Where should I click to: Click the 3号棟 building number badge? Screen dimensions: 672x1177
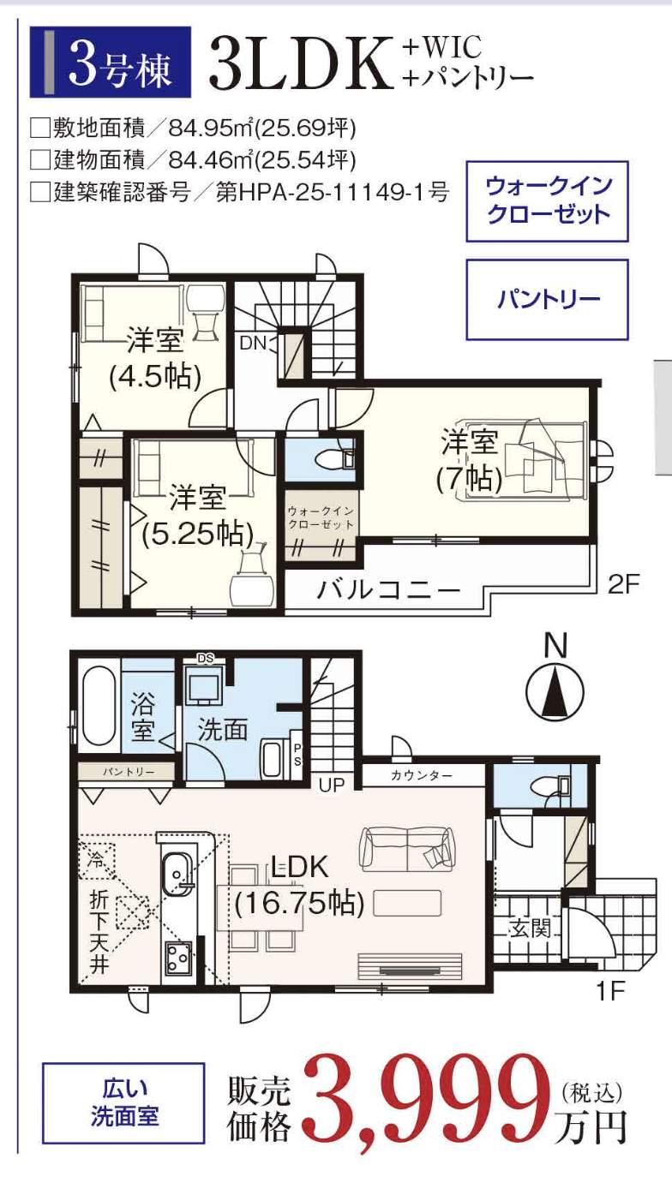(x=110, y=62)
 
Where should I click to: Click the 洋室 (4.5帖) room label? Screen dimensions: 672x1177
(x=155, y=359)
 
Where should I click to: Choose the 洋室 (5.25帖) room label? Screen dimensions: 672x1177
(x=198, y=516)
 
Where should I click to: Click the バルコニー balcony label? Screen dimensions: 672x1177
(x=388, y=590)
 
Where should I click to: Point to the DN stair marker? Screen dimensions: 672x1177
(x=254, y=344)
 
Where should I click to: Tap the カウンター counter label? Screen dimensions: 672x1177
(x=422, y=775)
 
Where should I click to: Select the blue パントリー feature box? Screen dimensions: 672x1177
(x=548, y=300)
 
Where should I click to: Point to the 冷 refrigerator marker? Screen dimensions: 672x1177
(x=96, y=860)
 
